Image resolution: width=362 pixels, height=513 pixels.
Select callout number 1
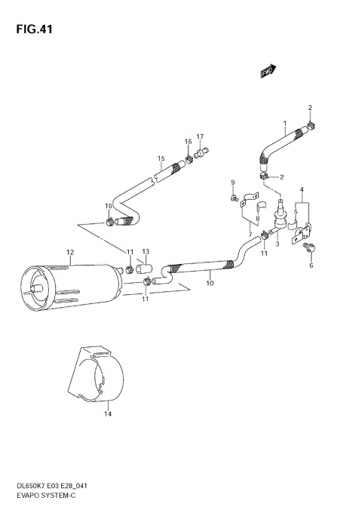285,122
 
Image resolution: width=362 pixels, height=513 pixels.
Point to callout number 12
69,252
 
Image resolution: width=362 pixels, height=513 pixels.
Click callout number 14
107,413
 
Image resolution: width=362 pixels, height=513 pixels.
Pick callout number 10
210,283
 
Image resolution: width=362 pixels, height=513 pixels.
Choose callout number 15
161,158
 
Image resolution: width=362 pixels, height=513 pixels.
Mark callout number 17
201,137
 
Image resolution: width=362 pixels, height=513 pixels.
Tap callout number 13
146,251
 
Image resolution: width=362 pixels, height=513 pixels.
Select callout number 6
311,265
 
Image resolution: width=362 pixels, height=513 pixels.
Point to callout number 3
278,244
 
